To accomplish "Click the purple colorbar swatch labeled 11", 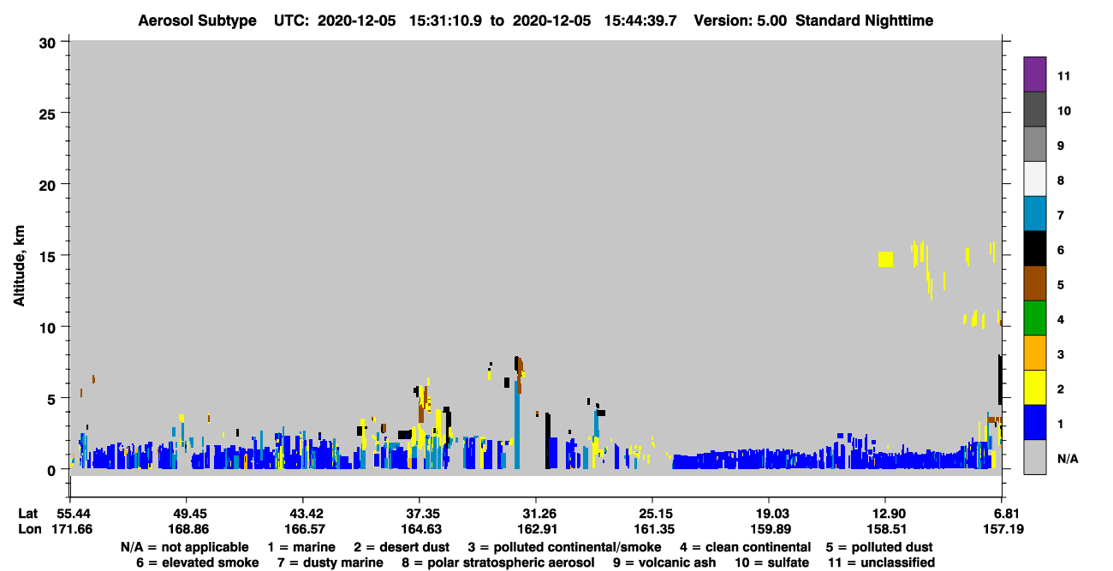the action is [1034, 74].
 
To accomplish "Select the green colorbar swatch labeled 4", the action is [1034, 318].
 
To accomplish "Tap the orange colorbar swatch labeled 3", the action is [1034, 353].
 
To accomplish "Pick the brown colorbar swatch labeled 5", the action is [1034, 283].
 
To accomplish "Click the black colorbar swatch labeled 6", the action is [1034, 248].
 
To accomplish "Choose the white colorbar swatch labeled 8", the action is [1034, 179].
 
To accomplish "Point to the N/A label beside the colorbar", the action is [1068, 459].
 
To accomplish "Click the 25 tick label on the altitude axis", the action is [47, 115].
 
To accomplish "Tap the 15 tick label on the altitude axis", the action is [47, 257].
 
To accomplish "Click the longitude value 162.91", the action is [537, 529].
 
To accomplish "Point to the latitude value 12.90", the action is [887, 514].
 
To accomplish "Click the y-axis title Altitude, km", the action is [19, 265].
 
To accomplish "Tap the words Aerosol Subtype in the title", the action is [197, 21].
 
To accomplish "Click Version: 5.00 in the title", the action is [740, 21].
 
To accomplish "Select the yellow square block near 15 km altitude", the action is [885, 259].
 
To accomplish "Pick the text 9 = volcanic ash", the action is [664, 562].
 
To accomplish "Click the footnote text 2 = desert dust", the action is [402, 547].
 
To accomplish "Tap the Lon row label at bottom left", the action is [29, 529].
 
